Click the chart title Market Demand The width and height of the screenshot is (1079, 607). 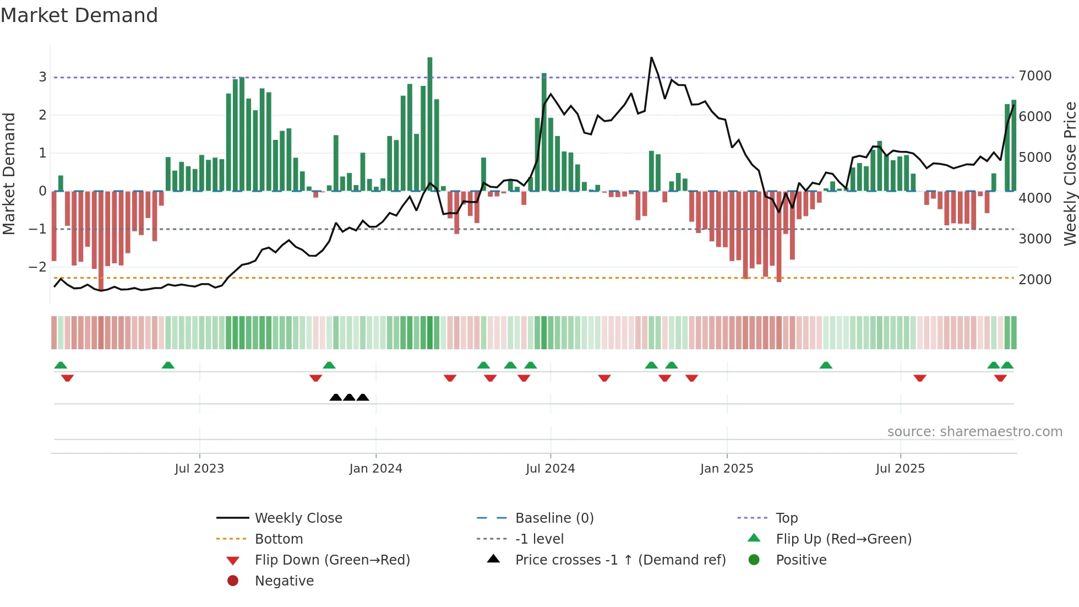79,15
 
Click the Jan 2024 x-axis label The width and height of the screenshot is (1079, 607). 375,469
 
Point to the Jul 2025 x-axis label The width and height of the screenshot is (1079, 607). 900,469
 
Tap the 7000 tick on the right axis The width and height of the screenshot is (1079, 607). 1035,76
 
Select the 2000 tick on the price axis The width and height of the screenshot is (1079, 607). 1035,280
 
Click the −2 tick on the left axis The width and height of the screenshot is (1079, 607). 37,267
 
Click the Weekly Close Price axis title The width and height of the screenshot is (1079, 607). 1070,174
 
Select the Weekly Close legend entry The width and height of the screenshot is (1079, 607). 298,518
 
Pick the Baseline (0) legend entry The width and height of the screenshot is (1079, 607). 554,518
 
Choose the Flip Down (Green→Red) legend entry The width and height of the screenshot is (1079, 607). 332,560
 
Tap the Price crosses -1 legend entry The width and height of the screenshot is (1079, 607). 620,560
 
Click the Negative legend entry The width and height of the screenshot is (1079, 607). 284,581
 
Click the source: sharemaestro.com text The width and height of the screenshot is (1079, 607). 974,432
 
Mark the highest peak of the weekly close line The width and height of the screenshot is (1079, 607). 651,58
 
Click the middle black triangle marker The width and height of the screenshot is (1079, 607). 349,397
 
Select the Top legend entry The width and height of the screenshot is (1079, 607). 786,518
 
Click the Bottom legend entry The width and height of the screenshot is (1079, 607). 279,539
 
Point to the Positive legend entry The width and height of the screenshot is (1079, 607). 801,560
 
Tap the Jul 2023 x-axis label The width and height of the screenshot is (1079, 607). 199,469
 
